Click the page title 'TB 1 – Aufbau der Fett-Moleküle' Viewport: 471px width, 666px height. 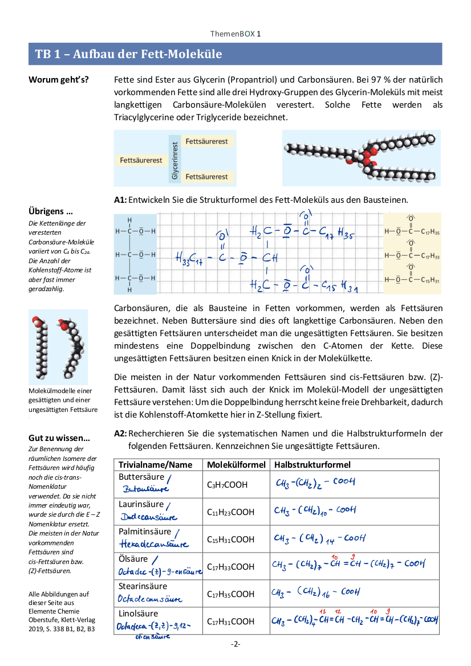[128, 54]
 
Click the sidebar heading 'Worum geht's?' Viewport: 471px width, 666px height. [58, 80]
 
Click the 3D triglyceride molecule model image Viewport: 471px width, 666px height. [361, 157]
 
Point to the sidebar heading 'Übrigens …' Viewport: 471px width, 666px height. [51, 212]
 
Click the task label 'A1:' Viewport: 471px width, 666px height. [120, 200]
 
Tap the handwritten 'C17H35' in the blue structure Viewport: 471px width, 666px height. [337, 233]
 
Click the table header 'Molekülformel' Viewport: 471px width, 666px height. [234, 465]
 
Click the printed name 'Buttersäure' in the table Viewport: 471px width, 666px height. [141, 477]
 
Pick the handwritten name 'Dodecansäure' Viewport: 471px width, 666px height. [148, 517]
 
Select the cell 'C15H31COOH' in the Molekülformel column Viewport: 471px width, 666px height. [230, 540]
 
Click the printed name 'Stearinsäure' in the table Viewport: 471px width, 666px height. [143, 586]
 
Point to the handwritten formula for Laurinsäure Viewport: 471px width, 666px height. [315, 510]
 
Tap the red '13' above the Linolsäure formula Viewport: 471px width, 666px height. [323, 612]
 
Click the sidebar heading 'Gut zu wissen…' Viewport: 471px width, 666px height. [59, 438]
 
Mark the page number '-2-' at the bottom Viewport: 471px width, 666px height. [235, 644]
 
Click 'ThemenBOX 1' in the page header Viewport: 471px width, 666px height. [235, 34]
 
